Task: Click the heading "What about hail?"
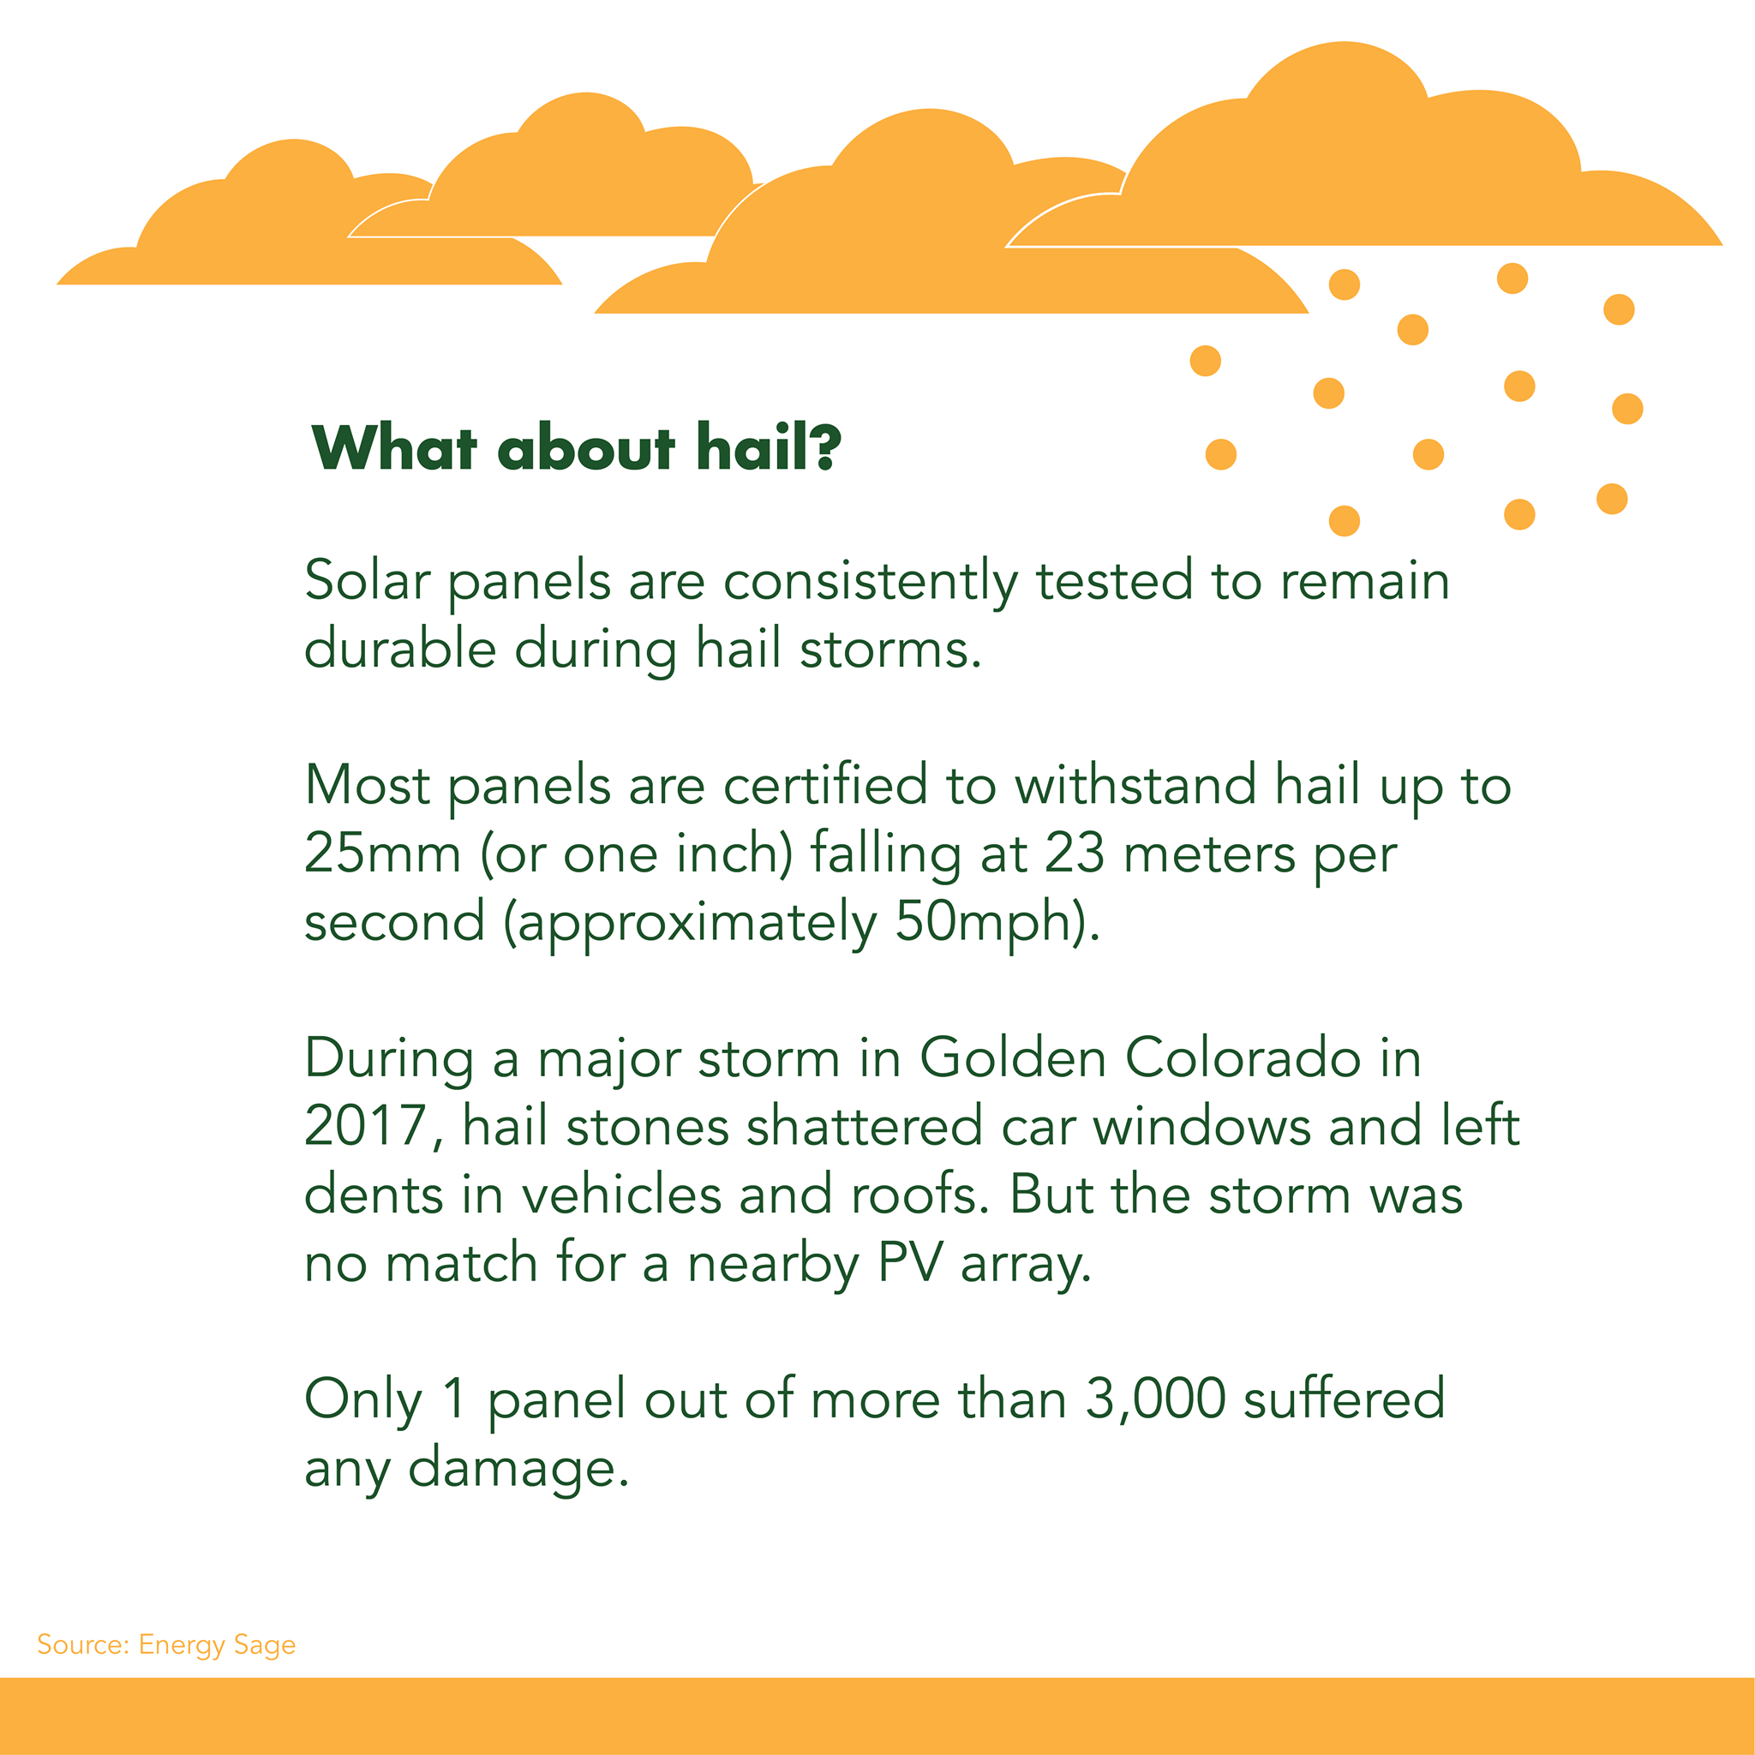[x=576, y=447]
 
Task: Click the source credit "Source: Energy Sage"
[x=166, y=1645]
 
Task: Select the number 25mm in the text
[x=382, y=853]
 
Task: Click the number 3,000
[x=1155, y=1399]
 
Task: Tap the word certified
[x=825, y=784]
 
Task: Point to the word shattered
[x=864, y=1125]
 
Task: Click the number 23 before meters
[x=1075, y=853]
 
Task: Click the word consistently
[x=871, y=582]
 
